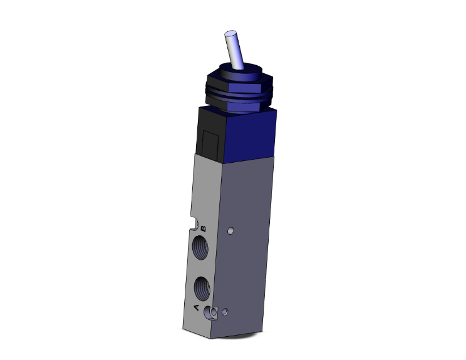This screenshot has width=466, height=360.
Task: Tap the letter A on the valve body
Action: point(197,307)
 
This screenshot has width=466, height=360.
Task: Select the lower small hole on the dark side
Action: point(225,311)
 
